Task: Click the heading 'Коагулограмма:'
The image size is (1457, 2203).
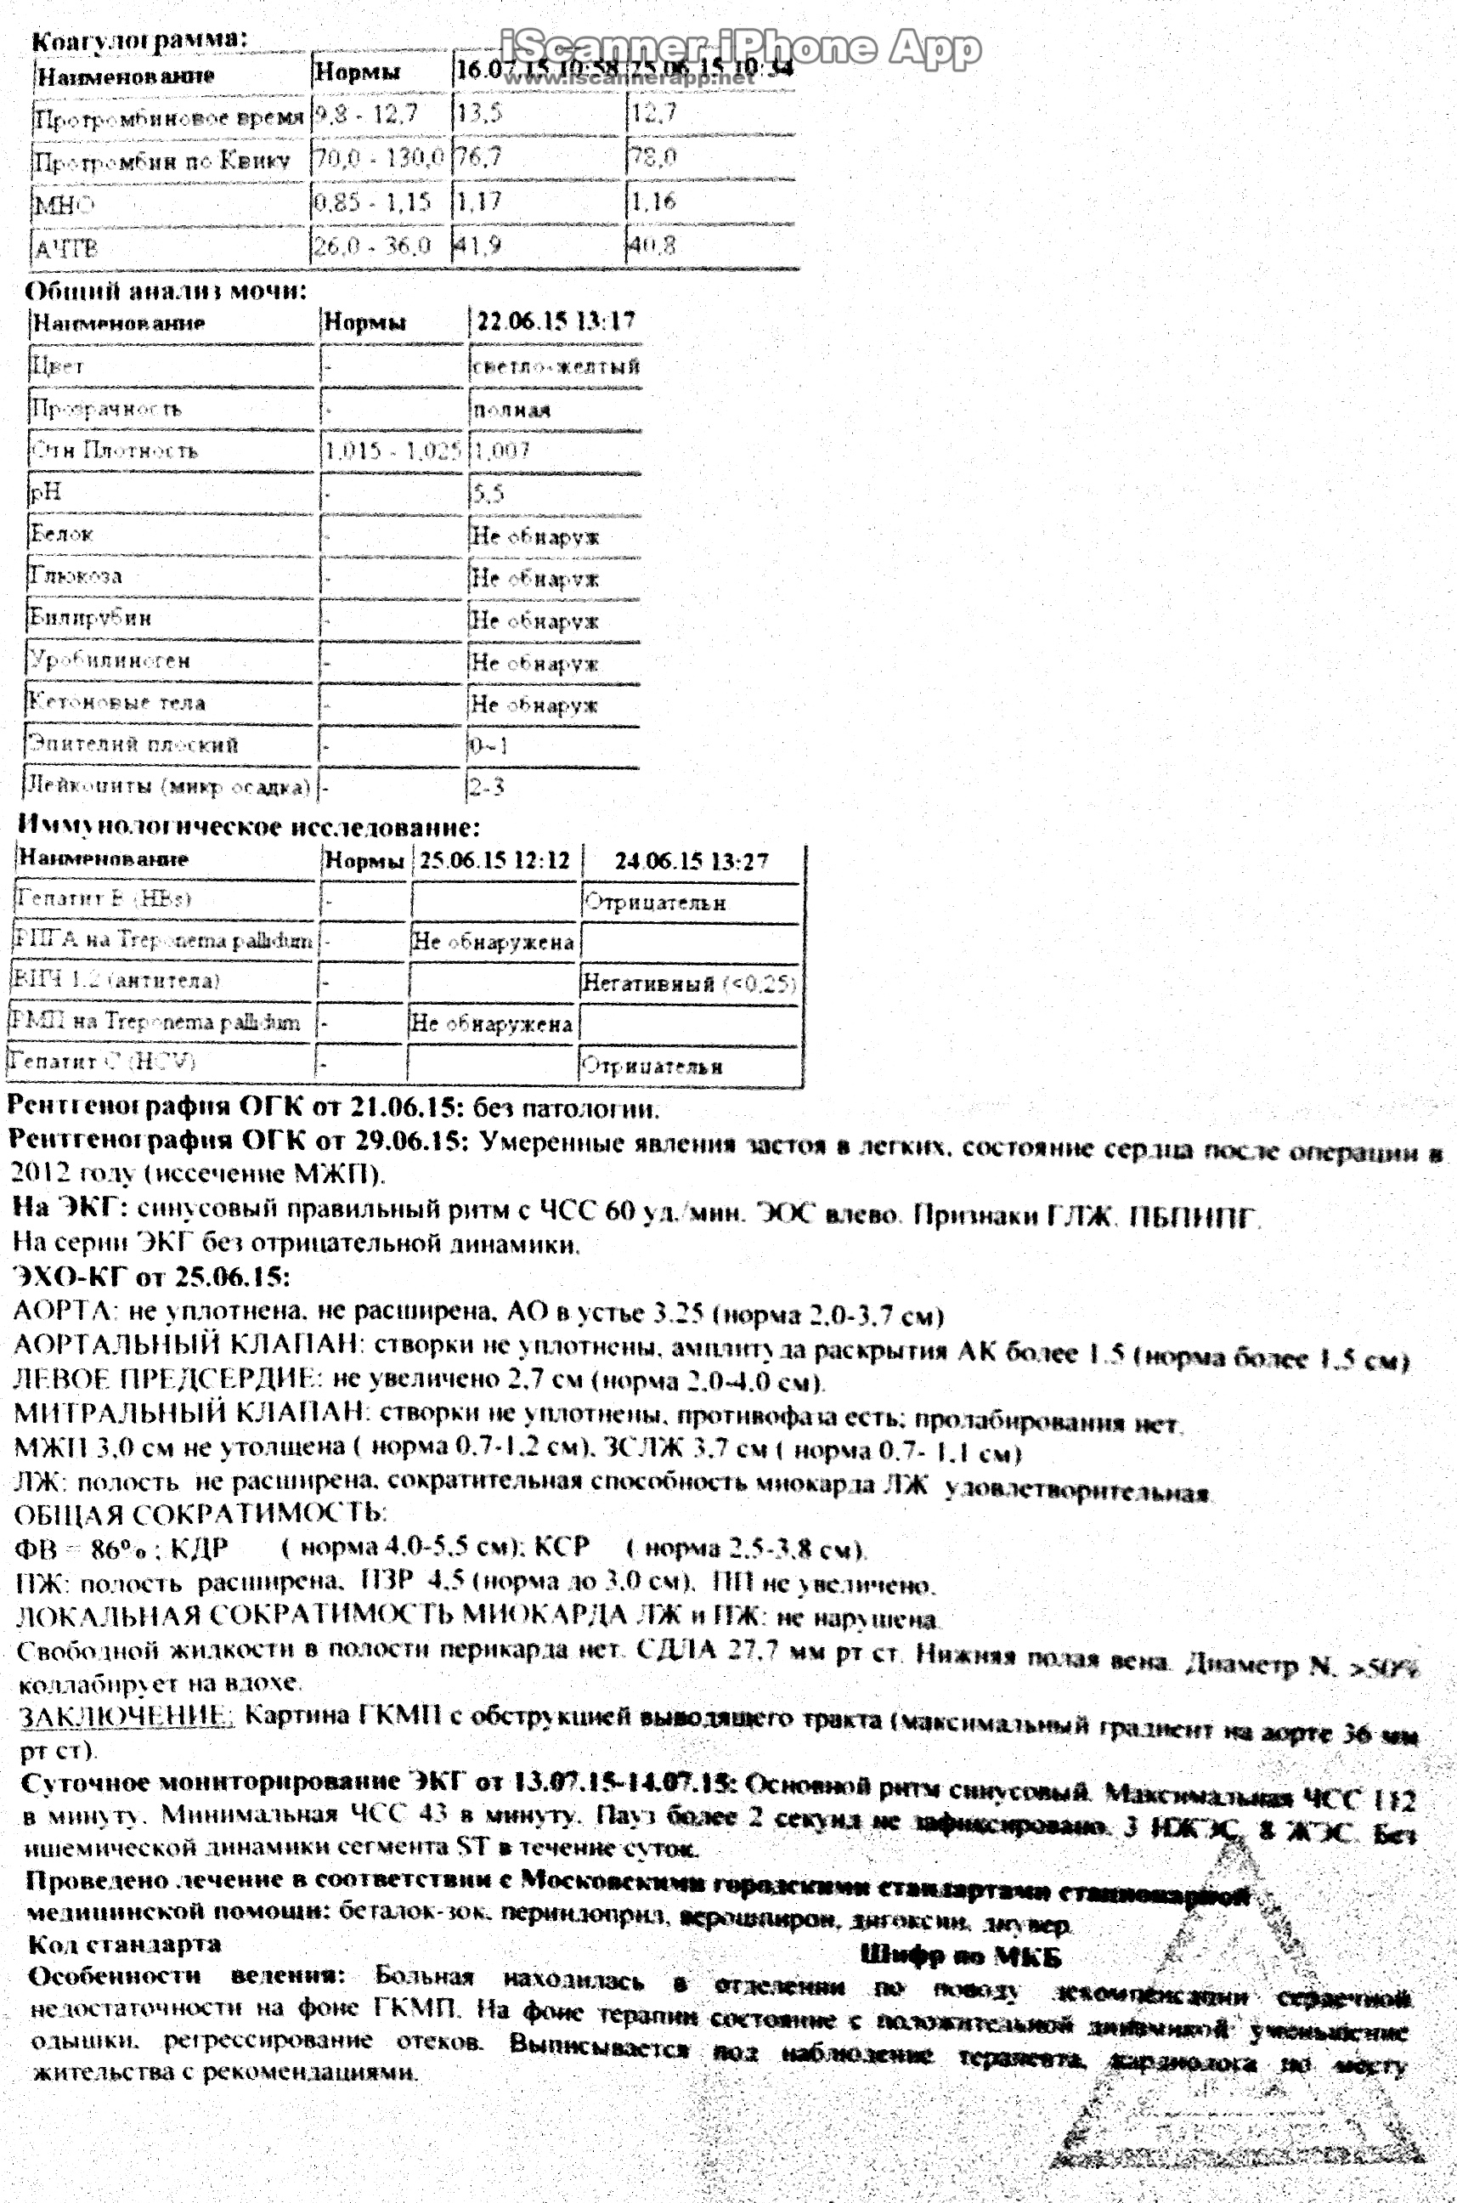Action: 139,40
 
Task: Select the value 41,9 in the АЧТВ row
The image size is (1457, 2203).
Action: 478,246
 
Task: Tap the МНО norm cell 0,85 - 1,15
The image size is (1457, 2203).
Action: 373,201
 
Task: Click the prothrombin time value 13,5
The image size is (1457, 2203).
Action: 479,113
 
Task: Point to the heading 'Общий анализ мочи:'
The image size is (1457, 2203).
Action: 166,291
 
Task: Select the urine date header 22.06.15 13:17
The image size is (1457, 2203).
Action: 556,321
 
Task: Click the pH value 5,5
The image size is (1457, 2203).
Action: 488,493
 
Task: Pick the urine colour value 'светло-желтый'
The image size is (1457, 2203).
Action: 556,365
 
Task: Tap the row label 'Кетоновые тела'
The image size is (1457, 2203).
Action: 117,702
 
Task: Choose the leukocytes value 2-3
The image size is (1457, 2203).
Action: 486,787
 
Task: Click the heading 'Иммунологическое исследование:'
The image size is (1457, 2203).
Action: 249,825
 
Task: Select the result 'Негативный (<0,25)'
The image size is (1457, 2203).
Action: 688,983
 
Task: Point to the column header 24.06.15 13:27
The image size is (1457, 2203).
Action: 692,862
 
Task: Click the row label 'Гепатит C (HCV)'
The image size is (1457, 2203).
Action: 102,1061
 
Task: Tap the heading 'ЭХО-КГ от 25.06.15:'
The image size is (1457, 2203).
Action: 151,1277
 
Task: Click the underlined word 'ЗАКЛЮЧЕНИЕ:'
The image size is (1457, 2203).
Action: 127,1716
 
